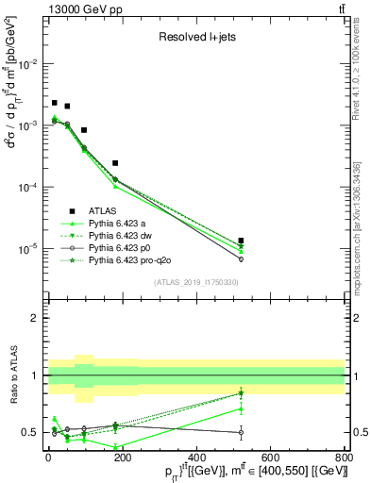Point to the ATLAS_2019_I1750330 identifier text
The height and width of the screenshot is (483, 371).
click(196, 281)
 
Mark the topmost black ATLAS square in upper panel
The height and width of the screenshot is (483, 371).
click(55, 103)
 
